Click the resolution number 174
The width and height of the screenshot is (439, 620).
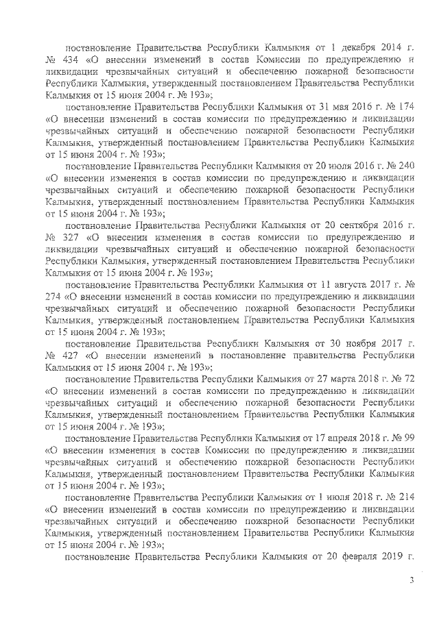pos(406,108)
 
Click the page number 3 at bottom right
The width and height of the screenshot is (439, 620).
pos(412,581)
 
